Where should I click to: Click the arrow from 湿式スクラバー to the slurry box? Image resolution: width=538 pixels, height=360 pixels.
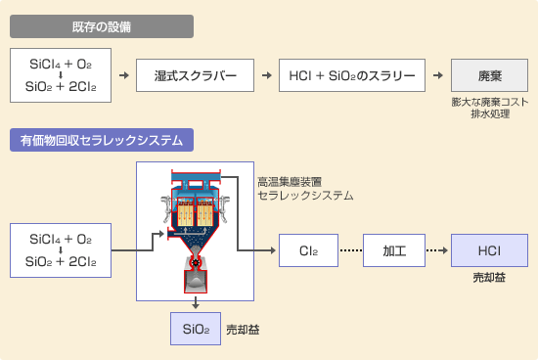pos(264,74)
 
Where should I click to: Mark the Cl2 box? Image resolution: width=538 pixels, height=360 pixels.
pos(307,250)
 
